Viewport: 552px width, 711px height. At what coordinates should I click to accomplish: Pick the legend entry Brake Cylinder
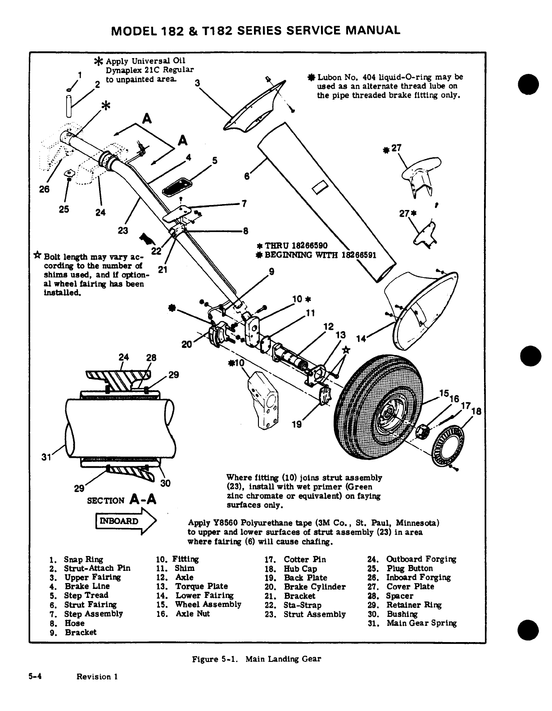314,587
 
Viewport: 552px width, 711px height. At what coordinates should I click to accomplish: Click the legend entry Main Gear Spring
421,623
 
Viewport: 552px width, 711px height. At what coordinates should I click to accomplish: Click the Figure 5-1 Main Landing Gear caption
256,659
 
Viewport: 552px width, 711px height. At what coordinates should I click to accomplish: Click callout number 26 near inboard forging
44,189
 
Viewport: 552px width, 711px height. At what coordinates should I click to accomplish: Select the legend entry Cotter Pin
304,559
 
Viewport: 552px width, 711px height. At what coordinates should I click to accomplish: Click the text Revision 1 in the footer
97,676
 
